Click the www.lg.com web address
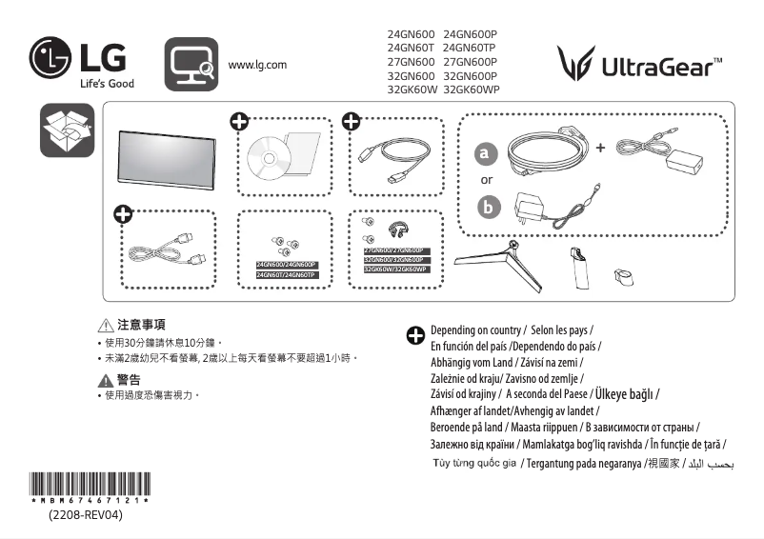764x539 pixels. pos(257,65)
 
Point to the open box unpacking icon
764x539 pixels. pos(67,130)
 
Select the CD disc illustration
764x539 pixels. pos(265,158)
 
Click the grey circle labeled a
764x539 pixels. pos(487,152)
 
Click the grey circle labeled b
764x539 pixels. pos(487,207)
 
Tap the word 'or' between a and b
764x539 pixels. pos(487,179)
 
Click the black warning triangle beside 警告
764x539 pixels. pos(107,380)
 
